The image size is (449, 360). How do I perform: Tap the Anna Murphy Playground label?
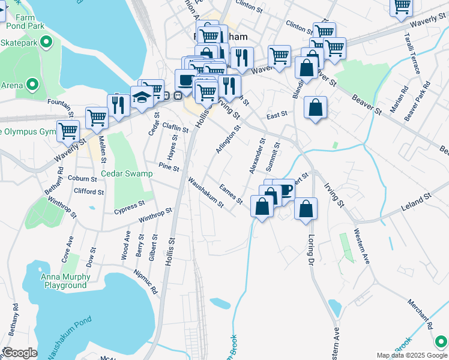pyautogui.click(x=66, y=281)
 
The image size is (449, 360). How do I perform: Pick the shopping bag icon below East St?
pyautogui.click(x=315, y=108)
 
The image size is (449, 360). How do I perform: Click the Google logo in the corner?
pyautogui.click(x=19, y=353)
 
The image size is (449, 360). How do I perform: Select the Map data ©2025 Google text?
pyautogui.click(x=412, y=355)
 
